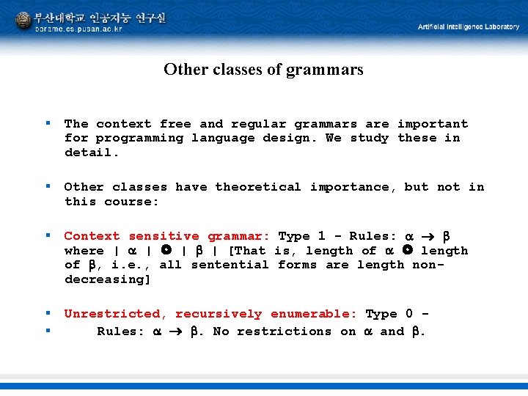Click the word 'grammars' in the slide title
tap(329, 70)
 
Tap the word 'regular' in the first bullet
tap(258, 124)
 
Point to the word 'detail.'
tap(92, 153)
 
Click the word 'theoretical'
tap(257, 187)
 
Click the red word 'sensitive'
tap(164, 236)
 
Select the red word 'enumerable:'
tap(313, 314)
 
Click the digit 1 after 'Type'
tap(321, 236)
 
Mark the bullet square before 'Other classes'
tap(48, 187)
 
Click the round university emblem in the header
tap(24, 20)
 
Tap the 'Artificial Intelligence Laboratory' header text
tap(469, 27)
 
